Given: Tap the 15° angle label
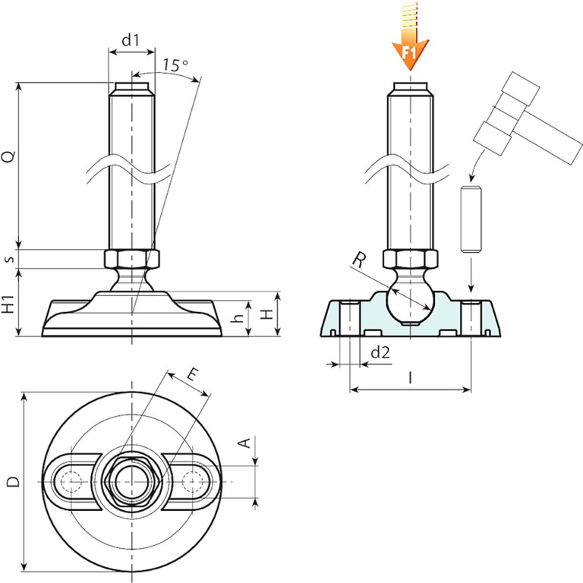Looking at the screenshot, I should [x=175, y=65].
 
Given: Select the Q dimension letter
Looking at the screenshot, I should [x=9, y=157].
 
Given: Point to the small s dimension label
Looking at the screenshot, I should [x=9, y=259].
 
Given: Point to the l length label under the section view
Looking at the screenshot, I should [x=410, y=377].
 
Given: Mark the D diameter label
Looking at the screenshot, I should [x=11, y=481].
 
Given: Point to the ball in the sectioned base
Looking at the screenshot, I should [x=410, y=303].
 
